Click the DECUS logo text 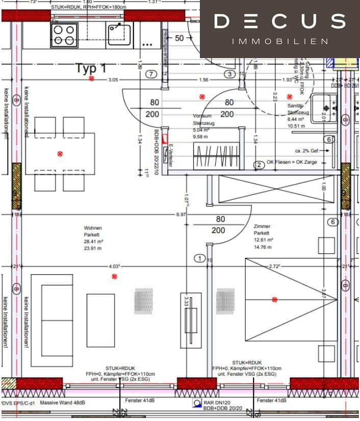point(279,21)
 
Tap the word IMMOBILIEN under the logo point(279,41)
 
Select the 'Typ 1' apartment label point(91,68)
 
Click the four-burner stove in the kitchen point(64,35)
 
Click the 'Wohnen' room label point(93,228)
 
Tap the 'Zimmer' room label point(262,226)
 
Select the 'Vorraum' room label point(201,116)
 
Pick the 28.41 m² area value point(94,242)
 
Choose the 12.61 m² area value point(263,240)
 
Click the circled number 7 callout point(150,74)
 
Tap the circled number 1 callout point(200,259)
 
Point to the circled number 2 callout point(260,165)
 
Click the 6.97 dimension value point(181,215)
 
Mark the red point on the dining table point(60,153)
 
